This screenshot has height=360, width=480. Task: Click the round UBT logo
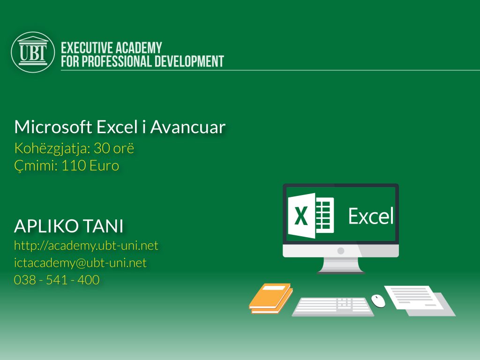33,52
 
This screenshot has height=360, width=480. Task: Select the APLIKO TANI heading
69,226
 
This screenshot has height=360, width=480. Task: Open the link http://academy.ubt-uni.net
86,245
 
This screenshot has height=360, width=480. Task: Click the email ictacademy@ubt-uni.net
80,263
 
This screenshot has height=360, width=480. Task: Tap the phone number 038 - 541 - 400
57,280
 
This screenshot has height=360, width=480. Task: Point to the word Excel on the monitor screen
371,216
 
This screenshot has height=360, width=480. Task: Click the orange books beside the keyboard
270,298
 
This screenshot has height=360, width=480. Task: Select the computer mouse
378,301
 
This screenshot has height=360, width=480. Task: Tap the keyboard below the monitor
333,307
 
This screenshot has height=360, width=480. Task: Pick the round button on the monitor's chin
341,251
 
